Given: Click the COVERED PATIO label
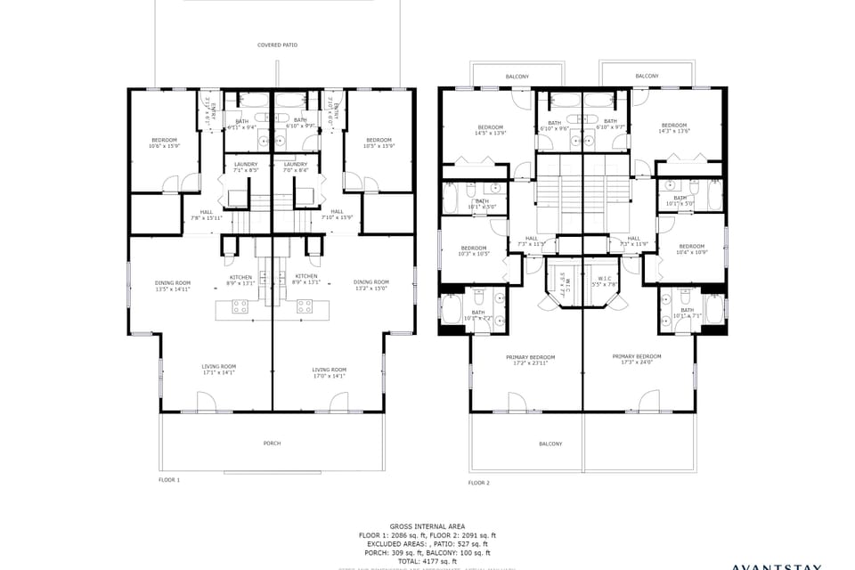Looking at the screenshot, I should tap(277, 45).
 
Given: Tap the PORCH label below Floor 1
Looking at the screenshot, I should tap(272, 443).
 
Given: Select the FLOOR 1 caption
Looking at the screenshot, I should tap(169, 480).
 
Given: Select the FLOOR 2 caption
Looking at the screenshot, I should tap(479, 483).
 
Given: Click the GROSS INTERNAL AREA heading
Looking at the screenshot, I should tap(427, 526).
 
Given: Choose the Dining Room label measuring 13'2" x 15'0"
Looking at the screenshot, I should tap(370, 285).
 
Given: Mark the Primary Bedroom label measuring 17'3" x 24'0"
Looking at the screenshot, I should tap(637, 359).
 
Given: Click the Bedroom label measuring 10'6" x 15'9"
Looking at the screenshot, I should tap(164, 142).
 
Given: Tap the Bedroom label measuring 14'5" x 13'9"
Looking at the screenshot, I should tap(490, 130).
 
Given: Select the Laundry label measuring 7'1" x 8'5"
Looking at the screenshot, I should tap(246, 167).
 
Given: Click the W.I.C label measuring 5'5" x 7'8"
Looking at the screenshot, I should tap(604, 282).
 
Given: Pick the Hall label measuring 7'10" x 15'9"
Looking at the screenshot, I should tap(337, 214).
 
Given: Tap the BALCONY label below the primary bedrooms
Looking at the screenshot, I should tap(550, 444).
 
